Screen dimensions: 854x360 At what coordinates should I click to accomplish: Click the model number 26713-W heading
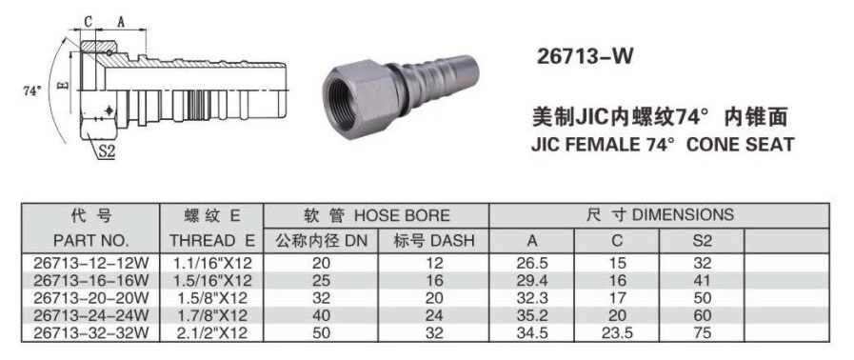click(x=585, y=56)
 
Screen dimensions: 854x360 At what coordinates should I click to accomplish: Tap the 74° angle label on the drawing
click(x=32, y=91)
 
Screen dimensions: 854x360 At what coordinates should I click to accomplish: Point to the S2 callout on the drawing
click(x=107, y=152)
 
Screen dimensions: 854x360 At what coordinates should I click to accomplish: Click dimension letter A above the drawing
click(x=122, y=21)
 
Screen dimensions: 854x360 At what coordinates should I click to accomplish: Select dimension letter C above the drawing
click(x=89, y=21)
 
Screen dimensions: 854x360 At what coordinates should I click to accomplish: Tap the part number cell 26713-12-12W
click(x=91, y=264)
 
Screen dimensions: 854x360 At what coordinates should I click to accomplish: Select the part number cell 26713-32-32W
click(x=91, y=332)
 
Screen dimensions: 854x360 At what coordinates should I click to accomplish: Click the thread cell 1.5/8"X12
click(x=212, y=298)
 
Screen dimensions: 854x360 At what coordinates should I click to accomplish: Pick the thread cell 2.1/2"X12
click(x=212, y=332)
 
